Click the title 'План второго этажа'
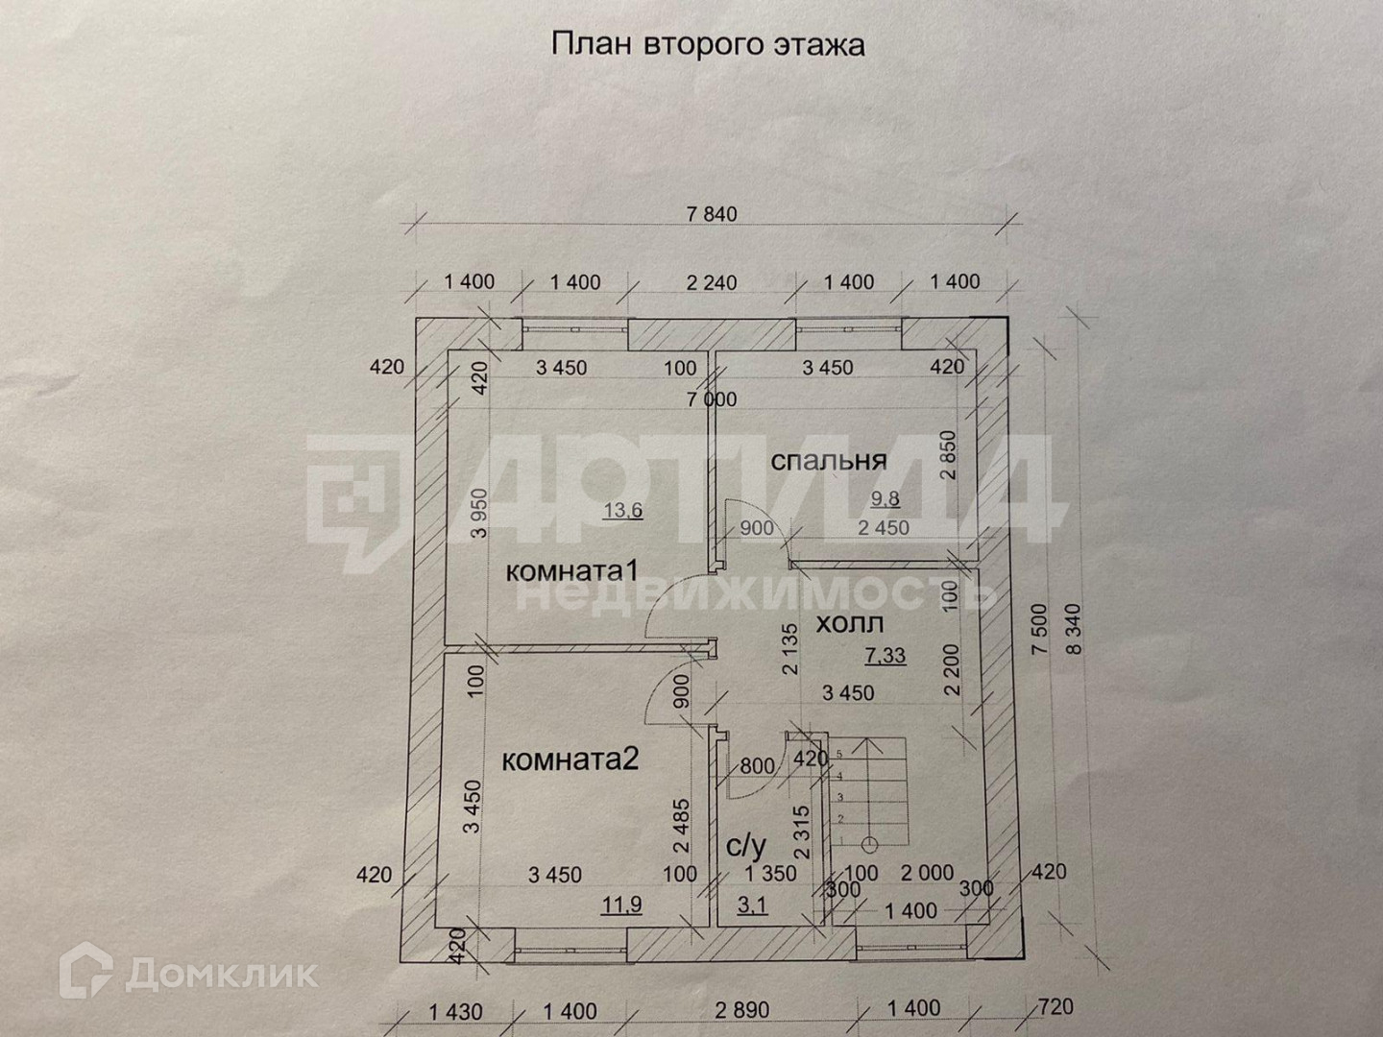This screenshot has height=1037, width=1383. click(707, 45)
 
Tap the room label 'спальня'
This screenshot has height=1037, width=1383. click(828, 461)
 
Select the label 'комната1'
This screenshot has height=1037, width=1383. click(572, 570)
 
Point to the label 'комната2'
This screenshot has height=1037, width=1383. click(570, 760)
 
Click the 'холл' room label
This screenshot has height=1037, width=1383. click(849, 624)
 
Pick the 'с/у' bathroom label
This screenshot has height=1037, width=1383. click(746, 846)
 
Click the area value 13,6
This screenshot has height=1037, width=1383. click(622, 510)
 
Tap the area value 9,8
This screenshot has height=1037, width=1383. click(887, 497)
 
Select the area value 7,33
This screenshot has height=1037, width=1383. click(886, 656)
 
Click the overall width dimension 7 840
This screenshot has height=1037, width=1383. click(712, 214)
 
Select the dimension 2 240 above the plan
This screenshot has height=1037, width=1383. click(712, 282)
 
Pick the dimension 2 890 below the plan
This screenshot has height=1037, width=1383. click(745, 1010)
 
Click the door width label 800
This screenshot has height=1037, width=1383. click(757, 766)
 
